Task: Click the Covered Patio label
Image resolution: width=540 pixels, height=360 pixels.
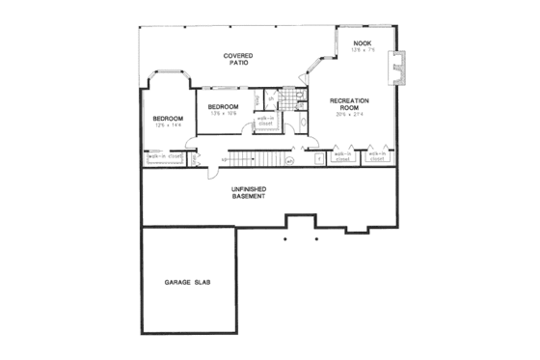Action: click(238, 60)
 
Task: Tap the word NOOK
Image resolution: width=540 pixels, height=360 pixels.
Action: click(362, 43)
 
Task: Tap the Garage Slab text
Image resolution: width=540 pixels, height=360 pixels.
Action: click(188, 282)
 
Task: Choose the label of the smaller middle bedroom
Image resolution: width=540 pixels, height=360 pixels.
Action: click(224, 106)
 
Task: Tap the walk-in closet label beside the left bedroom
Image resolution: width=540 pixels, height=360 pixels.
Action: click(164, 154)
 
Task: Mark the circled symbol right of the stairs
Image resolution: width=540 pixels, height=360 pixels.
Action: click(288, 160)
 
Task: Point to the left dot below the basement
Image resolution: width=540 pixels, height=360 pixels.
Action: click(286, 236)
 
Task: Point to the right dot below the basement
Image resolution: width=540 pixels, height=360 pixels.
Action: click(315, 236)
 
